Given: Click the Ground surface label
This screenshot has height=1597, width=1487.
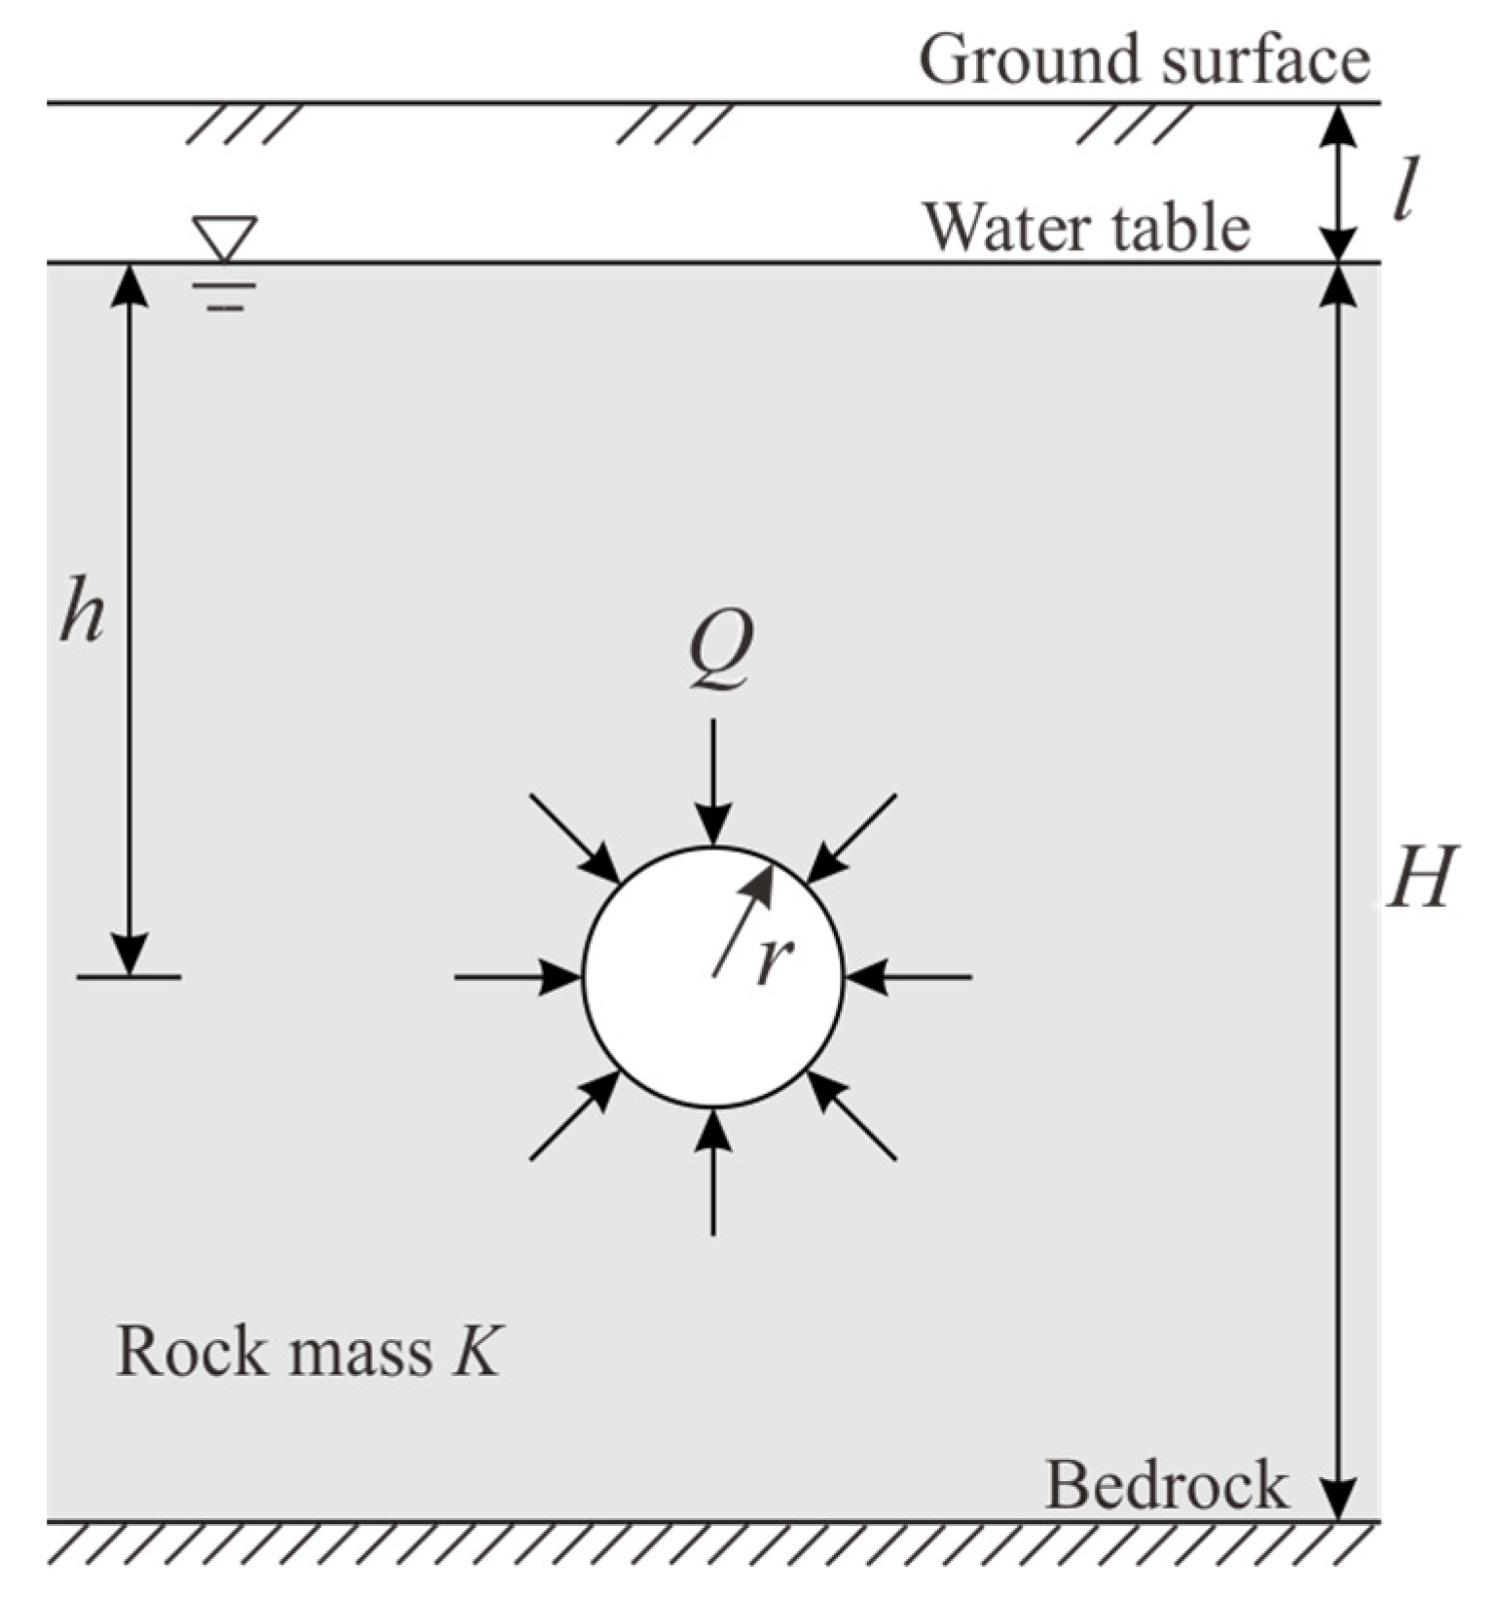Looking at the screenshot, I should pos(1144,60).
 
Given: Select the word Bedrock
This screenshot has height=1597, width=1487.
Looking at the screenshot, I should pos(1166,1485).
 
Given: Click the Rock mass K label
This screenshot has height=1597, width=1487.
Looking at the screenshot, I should pos(308,1353).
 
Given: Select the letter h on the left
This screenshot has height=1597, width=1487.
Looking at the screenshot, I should pos(82,611).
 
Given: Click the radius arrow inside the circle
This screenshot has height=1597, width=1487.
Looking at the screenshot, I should pos(743,920).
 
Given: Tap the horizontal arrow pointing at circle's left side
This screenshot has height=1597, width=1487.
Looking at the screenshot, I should pos(517,975).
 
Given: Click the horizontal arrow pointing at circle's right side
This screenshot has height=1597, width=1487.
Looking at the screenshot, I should pos(909,975).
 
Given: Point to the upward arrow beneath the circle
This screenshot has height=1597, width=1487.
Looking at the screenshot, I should pos(713,1173).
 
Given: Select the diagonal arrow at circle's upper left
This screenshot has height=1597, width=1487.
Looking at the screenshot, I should pos(574,837).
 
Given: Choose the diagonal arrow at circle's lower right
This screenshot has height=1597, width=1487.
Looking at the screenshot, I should pos(852,1115).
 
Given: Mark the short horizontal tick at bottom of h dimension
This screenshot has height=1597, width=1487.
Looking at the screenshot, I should pos(128,976).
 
